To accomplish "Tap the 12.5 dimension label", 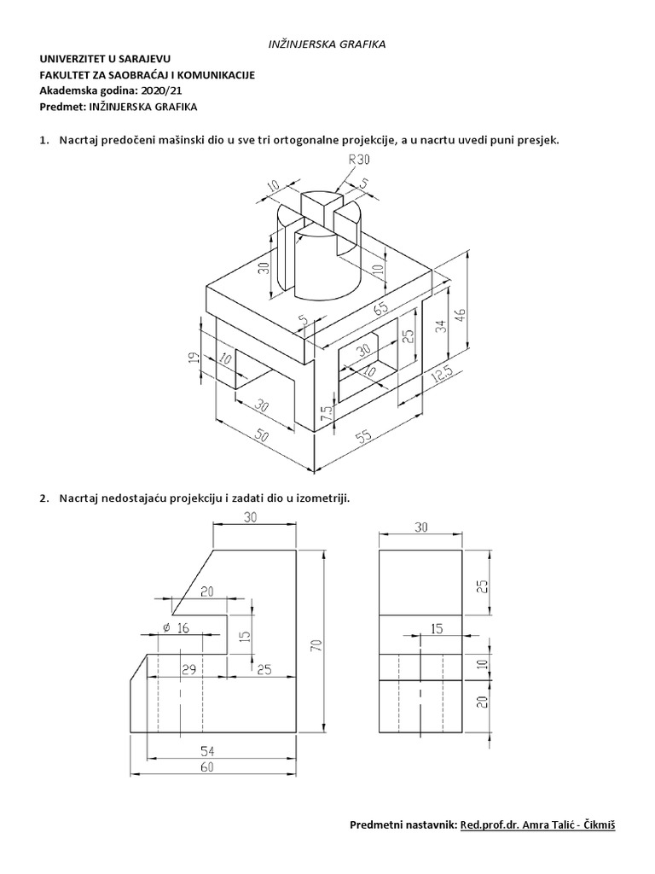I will coord(441,376).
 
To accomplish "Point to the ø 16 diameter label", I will coord(174,629).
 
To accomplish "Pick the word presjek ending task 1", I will coord(537,139).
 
